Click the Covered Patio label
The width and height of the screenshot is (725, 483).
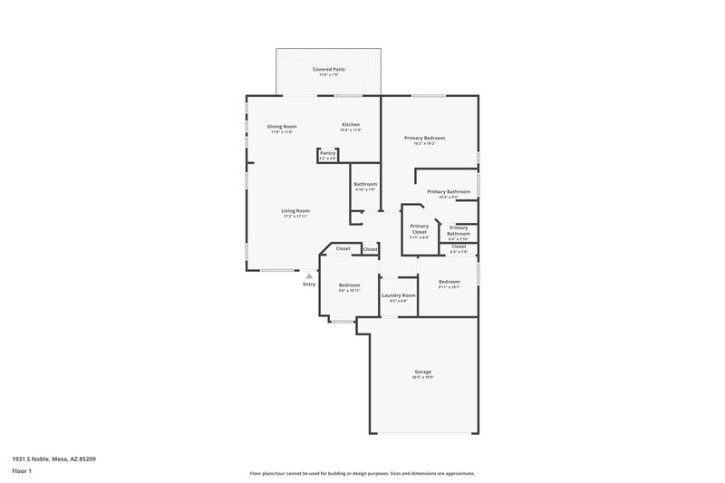click(x=329, y=69)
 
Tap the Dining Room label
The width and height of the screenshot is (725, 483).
click(x=282, y=126)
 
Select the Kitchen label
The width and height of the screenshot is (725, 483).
click(x=351, y=124)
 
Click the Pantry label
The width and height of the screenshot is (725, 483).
click(x=328, y=153)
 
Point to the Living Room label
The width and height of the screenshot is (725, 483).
click(x=295, y=211)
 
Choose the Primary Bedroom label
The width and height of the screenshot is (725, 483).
click(x=424, y=138)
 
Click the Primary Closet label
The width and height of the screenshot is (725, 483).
click(x=419, y=229)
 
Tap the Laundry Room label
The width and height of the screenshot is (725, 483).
click(x=398, y=295)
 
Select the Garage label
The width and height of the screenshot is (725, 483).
click(x=422, y=372)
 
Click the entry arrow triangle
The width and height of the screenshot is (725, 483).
click(x=309, y=276)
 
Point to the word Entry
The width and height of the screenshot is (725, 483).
click(x=309, y=285)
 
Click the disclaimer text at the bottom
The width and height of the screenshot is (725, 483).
click(x=362, y=473)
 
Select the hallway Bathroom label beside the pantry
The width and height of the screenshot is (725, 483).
click(x=365, y=184)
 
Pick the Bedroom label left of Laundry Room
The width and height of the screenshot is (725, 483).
click(x=349, y=285)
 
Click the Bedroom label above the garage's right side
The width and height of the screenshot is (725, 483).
click(x=449, y=282)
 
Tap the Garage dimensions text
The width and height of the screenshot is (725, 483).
click(x=422, y=377)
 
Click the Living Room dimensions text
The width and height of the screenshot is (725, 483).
click(x=295, y=217)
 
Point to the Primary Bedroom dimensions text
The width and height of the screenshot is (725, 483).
click(x=424, y=143)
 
